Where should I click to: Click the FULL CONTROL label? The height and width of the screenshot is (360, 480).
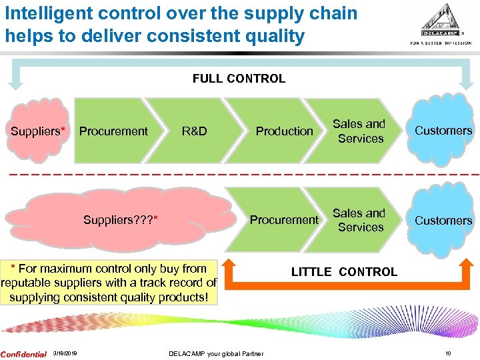coord(239,79)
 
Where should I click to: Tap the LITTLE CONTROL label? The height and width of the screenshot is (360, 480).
coord(344,272)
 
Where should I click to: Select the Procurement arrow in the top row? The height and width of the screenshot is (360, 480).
coord(113,131)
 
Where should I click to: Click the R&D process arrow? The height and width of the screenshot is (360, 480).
coord(194,131)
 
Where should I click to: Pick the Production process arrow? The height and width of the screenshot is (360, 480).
coord(284,131)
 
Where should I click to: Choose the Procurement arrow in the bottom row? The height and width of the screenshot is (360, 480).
coord(284,220)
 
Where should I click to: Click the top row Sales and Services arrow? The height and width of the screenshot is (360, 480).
coord(359,131)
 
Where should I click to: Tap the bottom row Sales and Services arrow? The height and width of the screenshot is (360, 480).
coord(359,220)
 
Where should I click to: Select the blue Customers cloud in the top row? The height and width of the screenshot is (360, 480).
coord(443,131)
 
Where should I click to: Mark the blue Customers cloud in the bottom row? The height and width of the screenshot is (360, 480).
coord(443,220)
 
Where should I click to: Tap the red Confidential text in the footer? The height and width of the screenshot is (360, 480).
coord(23,354)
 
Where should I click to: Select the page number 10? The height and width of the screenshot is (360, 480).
coord(448,354)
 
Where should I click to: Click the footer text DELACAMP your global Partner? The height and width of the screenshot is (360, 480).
coord(216,354)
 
